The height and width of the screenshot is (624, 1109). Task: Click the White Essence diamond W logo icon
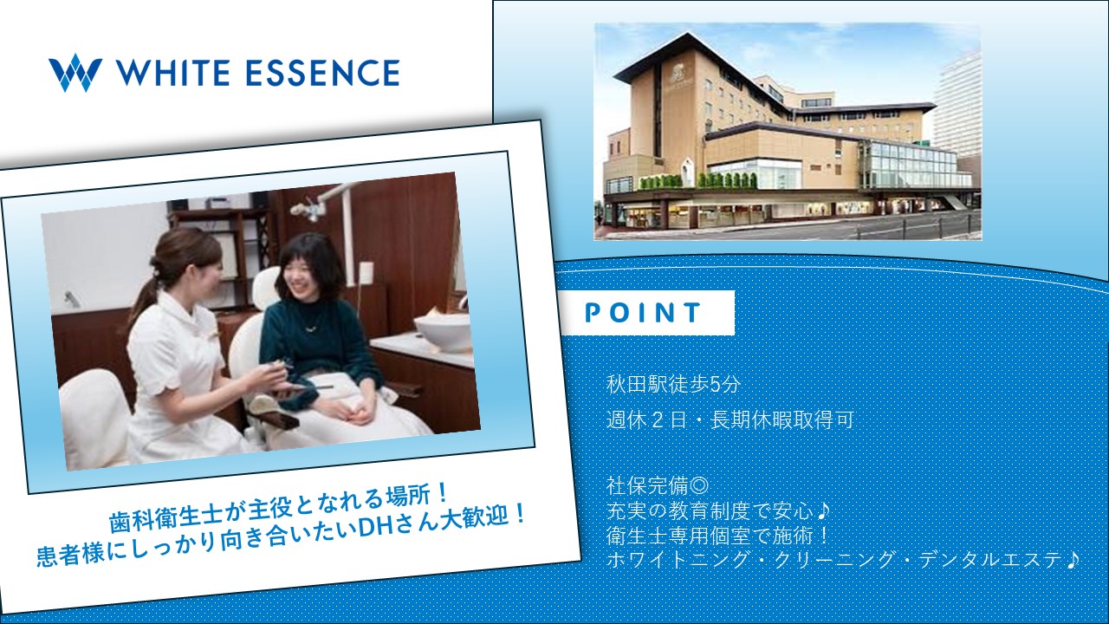tap(75, 72)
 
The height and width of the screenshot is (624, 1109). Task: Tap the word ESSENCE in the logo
tap(322, 73)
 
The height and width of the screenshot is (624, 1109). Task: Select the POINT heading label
tap(643, 313)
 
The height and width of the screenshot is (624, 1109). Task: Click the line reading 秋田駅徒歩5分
tap(673, 385)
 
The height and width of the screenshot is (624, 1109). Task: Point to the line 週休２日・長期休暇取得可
tap(730, 420)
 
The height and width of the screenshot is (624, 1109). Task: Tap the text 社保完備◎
tap(658, 486)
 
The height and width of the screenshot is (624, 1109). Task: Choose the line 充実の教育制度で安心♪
tap(718, 510)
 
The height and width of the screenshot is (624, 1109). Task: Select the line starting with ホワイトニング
tap(842, 560)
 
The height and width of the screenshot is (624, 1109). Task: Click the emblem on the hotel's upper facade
tap(678, 75)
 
